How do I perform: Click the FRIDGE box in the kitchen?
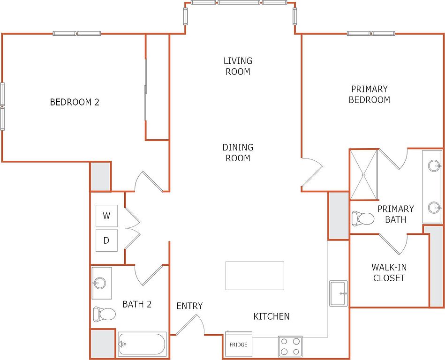point(238,344)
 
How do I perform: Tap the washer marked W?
point(106,216)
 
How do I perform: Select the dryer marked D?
point(106,240)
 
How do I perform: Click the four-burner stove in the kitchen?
point(290,346)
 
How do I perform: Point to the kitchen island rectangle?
point(255,276)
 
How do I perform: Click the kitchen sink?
point(338,293)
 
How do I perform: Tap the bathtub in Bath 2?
point(142,344)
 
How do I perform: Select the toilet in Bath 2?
point(104,314)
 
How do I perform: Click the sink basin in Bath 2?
point(99,283)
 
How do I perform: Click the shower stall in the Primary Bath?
point(364,175)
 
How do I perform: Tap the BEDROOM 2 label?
point(75,102)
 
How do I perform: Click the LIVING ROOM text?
point(238,66)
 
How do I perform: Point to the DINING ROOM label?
point(238,153)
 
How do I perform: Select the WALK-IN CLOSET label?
point(389,273)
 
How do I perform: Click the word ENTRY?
point(189,306)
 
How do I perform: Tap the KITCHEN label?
point(272,316)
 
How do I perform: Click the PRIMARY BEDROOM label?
point(369,95)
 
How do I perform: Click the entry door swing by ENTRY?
point(190,323)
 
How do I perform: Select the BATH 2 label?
point(137,304)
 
